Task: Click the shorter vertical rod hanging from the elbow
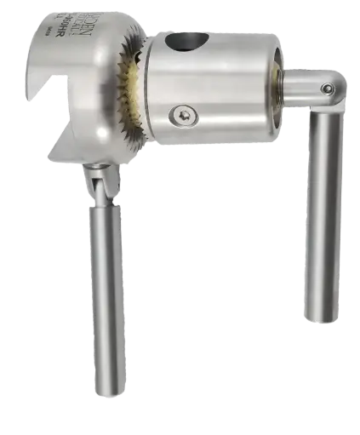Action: [323, 213]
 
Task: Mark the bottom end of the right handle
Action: [322, 318]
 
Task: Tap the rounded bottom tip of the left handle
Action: [106, 413]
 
